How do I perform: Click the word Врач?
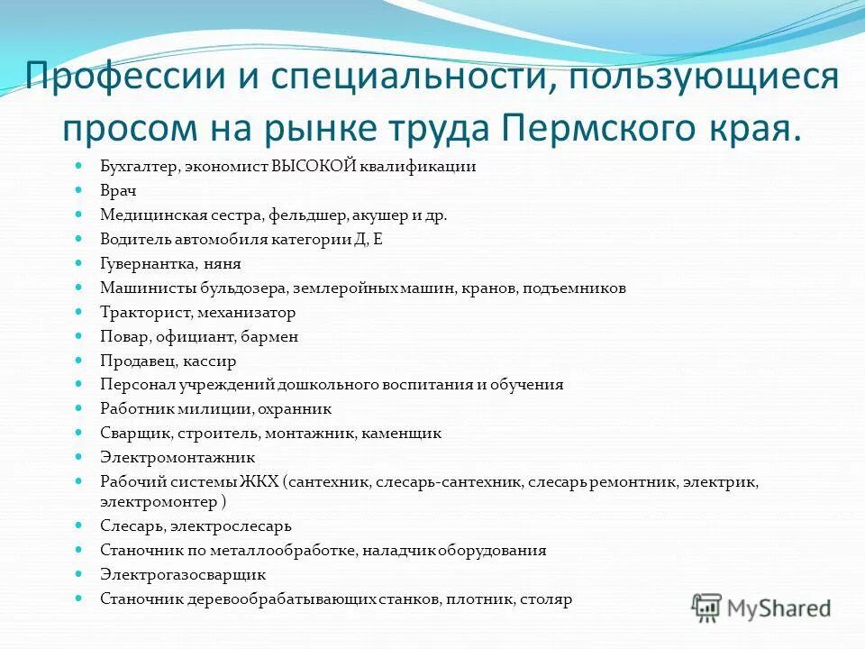[118, 191]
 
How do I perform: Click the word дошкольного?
[351, 385]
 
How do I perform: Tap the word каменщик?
[402, 434]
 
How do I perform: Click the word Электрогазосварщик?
[183, 574]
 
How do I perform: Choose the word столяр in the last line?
[548, 599]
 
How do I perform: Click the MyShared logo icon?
[707, 607]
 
